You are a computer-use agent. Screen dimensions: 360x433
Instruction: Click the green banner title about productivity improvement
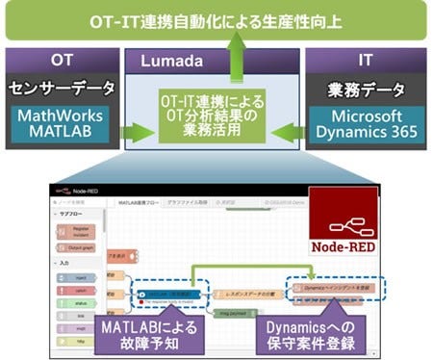(216, 19)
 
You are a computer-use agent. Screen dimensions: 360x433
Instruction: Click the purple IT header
(366, 60)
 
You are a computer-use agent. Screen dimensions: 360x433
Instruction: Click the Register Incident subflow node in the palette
(81, 231)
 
